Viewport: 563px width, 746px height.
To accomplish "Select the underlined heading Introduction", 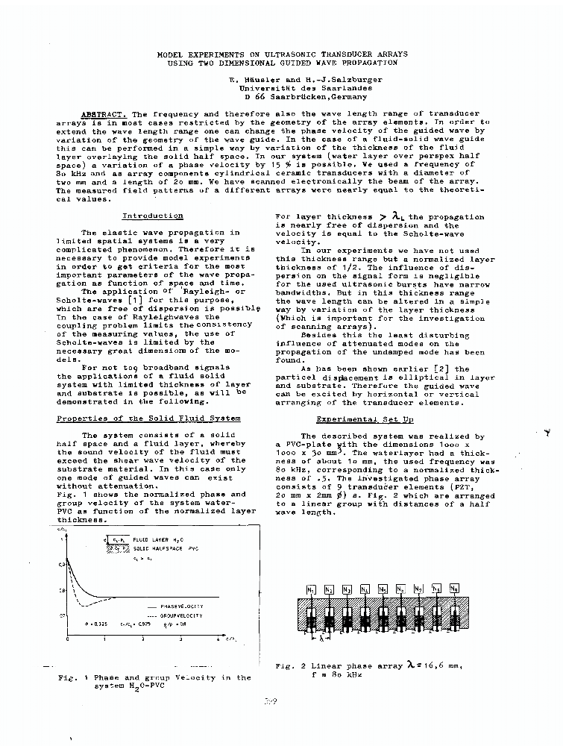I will pyautogui.click(x=152, y=216).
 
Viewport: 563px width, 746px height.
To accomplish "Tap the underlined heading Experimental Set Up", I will pyautogui.click(x=365, y=419).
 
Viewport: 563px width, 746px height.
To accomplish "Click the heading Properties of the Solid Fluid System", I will pyautogui.click(x=148, y=419).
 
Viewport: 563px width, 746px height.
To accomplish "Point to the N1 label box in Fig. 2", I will pyautogui.click(x=311, y=589).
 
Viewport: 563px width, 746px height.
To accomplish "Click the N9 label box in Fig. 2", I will pyautogui.click(x=454, y=588).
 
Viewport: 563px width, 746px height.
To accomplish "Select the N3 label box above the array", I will pyautogui.click(x=347, y=589).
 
